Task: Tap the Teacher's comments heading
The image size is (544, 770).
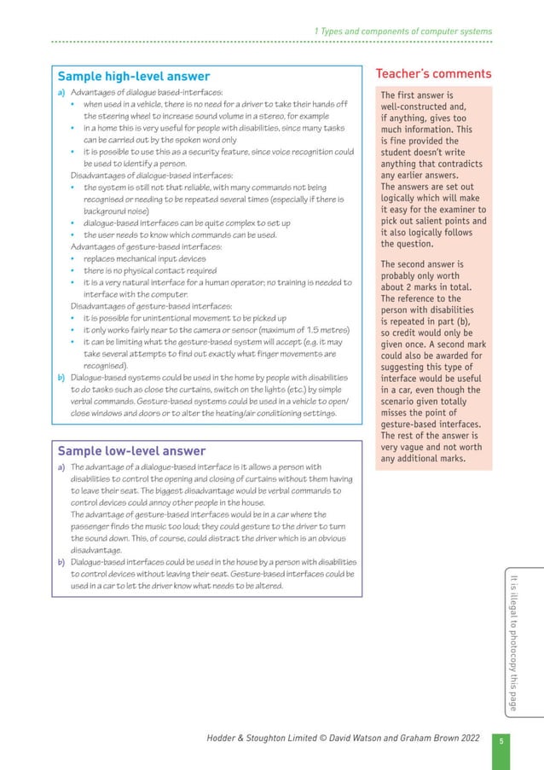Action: click(x=434, y=74)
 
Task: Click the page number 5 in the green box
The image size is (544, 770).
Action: click(x=502, y=740)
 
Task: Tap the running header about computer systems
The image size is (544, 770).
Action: click(x=402, y=32)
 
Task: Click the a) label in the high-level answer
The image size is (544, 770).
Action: click(x=62, y=92)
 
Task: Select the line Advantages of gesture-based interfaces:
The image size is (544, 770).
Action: click(x=135, y=246)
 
